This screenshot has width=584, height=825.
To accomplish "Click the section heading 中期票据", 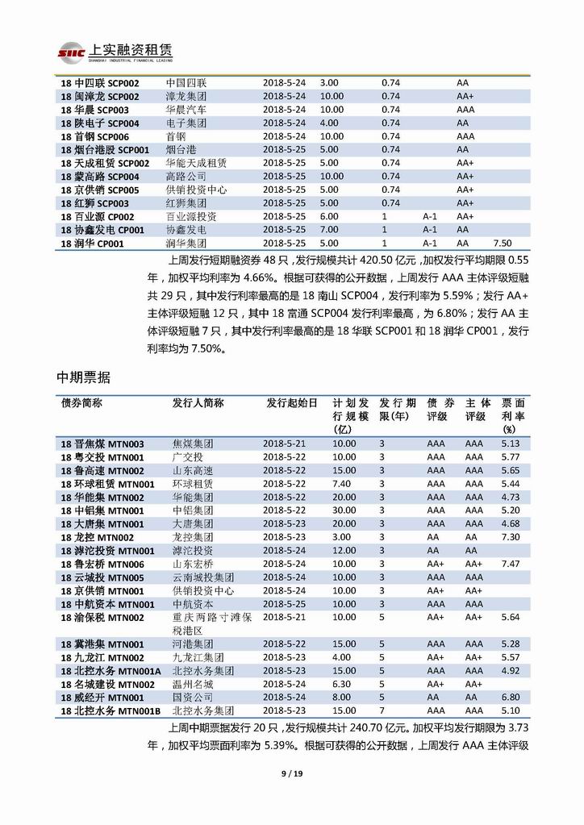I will pyautogui.click(x=83, y=377).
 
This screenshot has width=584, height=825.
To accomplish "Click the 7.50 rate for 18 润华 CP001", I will pyautogui.click(x=502, y=243).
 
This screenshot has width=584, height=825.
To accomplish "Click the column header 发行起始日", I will pyautogui.click(x=292, y=402).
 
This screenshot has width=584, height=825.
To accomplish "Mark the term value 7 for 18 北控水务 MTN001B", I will pyautogui.click(x=382, y=710).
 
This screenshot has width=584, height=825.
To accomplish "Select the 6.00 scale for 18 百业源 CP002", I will pyautogui.click(x=329, y=216).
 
